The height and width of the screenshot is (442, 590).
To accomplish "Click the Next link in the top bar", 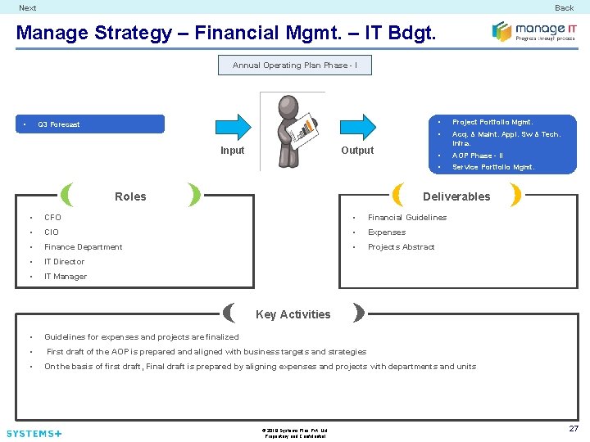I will (x=28, y=8).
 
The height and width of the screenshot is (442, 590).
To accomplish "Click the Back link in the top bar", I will (x=564, y=8).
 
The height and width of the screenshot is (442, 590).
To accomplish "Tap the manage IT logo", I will (x=533, y=32).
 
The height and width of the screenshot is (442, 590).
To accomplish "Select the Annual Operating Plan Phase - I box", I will (x=294, y=65).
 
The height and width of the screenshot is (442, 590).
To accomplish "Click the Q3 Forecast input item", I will (x=59, y=124).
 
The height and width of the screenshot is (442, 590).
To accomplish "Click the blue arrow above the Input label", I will (x=232, y=127).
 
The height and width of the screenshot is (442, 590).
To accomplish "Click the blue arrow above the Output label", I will (x=356, y=127).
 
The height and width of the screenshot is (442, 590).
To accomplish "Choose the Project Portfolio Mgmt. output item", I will (x=492, y=122).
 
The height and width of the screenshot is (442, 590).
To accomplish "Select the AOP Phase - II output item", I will (x=478, y=156).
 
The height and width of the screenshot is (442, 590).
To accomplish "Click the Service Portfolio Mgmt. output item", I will (x=493, y=167).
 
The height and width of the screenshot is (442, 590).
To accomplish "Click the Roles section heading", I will (x=130, y=196).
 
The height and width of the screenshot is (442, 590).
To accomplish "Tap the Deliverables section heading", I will (x=456, y=196).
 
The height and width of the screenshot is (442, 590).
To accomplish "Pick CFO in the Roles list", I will (x=52, y=218).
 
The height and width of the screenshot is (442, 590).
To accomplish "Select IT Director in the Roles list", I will (x=64, y=262).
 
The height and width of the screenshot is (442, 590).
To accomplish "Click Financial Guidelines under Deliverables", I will (x=407, y=218).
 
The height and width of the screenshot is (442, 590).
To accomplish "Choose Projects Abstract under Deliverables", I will (x=401, y=247).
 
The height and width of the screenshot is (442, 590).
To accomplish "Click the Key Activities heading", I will (x=293, y=314).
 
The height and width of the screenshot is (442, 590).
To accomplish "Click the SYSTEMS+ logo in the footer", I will (x=34, y=433).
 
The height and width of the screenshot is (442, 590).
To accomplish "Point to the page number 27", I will (x=574, y=429).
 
